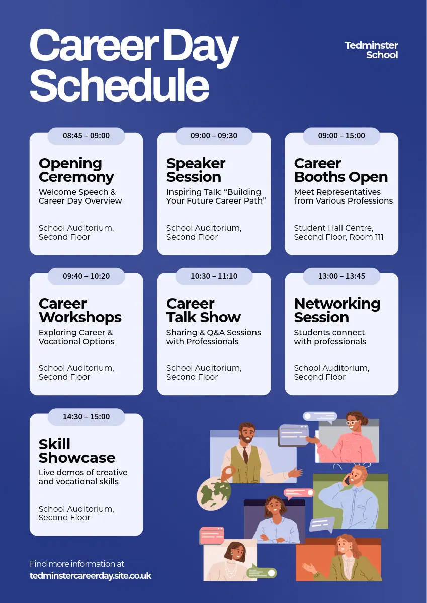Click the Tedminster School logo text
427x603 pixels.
371,50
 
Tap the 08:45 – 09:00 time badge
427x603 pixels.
86,136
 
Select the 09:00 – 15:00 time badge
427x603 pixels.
341,136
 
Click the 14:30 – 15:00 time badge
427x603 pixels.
86,417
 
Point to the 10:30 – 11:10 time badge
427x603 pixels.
214,276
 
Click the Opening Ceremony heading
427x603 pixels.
76,170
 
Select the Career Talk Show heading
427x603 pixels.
203,311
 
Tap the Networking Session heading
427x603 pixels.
337,311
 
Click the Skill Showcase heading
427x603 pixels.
77,451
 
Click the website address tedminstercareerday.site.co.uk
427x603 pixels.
91,576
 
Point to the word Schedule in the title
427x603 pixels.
119,84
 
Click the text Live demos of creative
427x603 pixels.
83,473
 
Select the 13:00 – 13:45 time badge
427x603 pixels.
341,276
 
